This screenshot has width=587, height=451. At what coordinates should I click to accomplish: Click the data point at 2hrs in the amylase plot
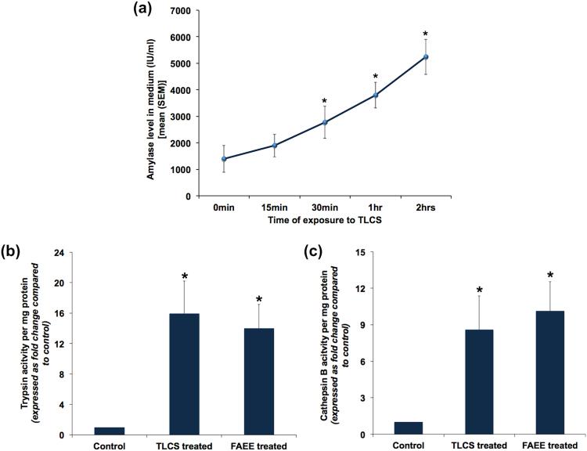[x=426, y=57]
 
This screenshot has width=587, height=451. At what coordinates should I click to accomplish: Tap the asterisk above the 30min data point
[x=326, y=102]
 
